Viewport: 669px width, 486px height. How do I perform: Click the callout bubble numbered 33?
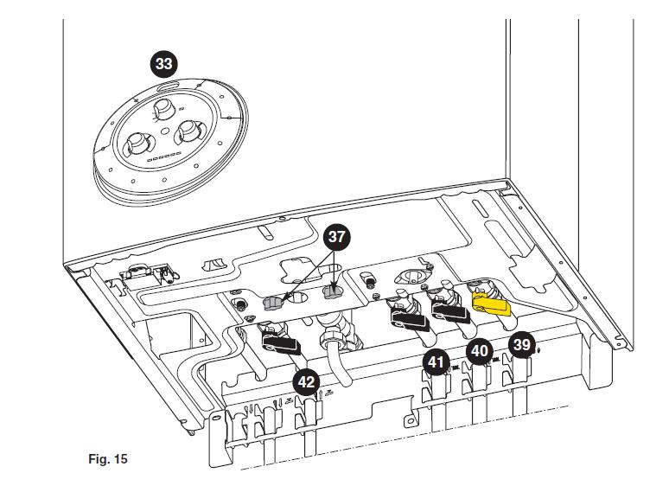(164, 64)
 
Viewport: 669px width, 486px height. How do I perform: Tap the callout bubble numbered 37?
(336, 236)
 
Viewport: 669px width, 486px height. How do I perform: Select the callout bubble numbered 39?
(522, 345)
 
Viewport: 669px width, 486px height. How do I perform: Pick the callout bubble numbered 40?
(480, 352)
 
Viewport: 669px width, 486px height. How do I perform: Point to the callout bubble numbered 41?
(436, 362)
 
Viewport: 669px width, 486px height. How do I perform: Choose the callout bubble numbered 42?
(306, 382)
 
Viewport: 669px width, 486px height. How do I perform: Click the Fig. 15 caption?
(108, 459)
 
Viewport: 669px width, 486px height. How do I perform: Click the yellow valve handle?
(491, 304)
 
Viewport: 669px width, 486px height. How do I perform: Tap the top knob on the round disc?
(163, 109)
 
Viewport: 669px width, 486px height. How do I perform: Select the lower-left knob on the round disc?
(137, 144)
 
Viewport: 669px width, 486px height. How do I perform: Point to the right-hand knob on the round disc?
(188, 131)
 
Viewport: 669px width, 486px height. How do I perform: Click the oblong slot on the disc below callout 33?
(168, 85)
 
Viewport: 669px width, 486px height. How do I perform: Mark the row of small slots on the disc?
(164, 157)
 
